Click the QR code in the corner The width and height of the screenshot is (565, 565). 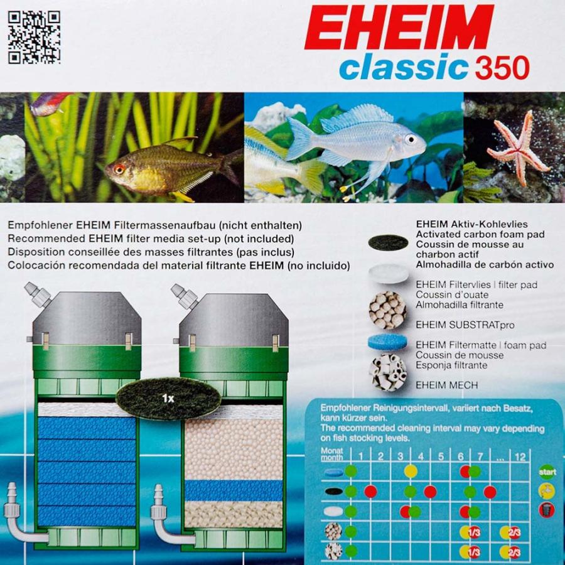point(34,37)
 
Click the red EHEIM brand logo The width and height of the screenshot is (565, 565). point(399,28)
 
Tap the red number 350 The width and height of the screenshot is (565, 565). point(502,68)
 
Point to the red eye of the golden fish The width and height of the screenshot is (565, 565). point(119,169)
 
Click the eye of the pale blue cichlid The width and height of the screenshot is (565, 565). point(411,139)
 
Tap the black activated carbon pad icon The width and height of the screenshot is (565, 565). point(387,242)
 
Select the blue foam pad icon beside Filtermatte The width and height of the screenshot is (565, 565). point(387,342)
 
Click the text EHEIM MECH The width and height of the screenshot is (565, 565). point(446,385)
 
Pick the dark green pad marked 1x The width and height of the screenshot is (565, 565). point(168,397)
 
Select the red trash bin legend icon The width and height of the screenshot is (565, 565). point(547,509)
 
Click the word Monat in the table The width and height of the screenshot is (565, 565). point(331,451)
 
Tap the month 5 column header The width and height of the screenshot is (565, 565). point(441,456)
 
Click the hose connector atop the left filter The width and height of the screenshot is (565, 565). point(38,295)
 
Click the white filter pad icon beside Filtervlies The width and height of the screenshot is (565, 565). point(388,272)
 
